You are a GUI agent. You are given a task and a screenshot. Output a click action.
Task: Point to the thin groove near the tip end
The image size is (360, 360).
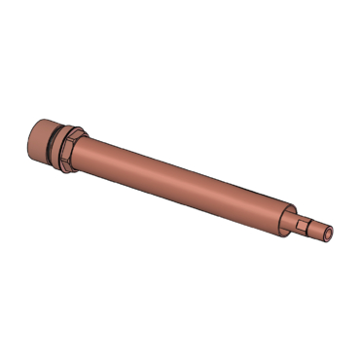click(319, 232)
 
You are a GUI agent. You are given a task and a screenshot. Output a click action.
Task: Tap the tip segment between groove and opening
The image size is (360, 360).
click(325, 234)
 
